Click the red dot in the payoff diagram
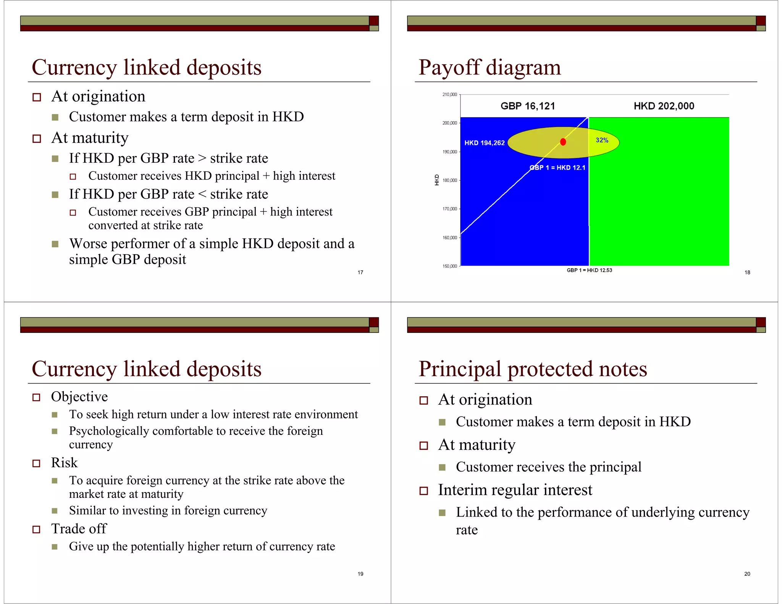pos(563,142)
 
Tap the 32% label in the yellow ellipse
pos(602,140)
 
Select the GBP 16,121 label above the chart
pos(528,106)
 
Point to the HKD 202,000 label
pos(664,106)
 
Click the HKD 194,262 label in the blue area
pos(484,143)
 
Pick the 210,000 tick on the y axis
pos(449,94)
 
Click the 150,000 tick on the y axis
pos(449,266)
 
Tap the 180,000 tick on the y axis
pos(449,180)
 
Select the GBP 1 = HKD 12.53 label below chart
pos(589,270)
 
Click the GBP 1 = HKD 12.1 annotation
pos(557,168)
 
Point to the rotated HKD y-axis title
pos(437,180)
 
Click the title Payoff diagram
pos(490,68)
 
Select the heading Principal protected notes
pos(533,369)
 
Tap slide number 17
pos(360,272)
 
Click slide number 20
pos(747,574)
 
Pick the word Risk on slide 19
pos(64,463)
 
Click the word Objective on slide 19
pos(79,397)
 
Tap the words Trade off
pos(79,529)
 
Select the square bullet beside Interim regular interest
pos(423,491)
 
